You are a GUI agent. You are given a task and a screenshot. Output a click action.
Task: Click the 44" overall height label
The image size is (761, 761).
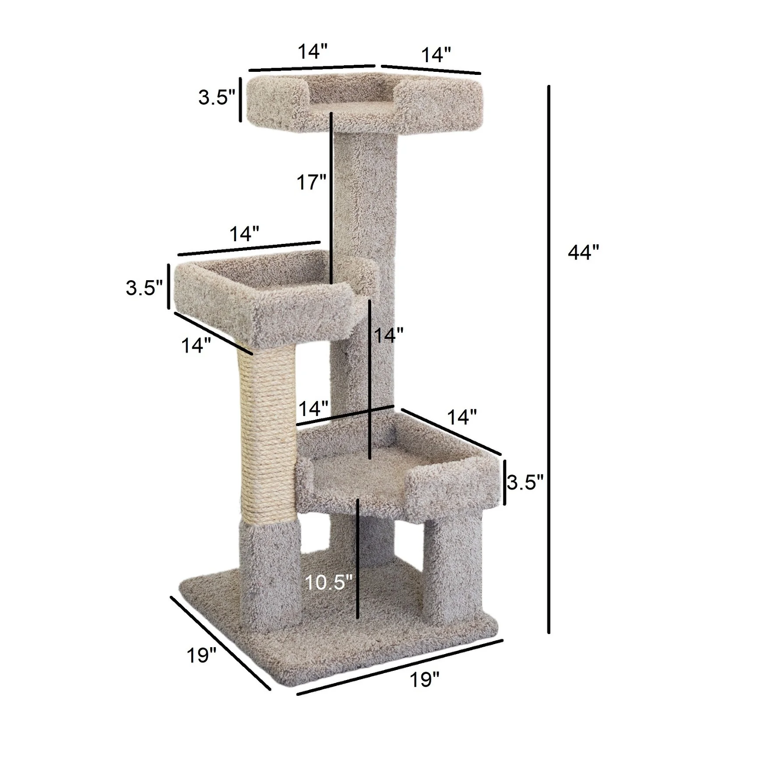(x=583, y=253)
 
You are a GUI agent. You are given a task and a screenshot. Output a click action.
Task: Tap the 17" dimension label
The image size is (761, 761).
(x=312, y=182)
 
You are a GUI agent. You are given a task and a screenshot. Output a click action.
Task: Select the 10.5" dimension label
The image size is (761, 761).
(x=328, y=582)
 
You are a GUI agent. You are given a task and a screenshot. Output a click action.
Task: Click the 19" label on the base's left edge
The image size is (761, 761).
(x=201, y=655)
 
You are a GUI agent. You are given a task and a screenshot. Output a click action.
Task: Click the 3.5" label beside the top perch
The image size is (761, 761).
(x=217, y=97)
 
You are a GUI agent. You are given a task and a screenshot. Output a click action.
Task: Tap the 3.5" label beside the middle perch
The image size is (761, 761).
(x=144, y=288)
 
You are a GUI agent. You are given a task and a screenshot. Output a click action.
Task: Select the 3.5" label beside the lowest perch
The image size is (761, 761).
(x=525, y=483)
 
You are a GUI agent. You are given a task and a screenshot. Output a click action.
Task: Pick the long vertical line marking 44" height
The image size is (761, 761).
(x=548, y=359)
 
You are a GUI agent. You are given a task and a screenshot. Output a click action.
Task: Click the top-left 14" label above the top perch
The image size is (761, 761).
(x=313, y=52)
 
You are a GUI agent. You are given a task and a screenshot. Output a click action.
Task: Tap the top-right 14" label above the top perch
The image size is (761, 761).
(x=436, y=55)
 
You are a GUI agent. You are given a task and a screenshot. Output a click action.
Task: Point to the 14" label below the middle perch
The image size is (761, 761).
(x=196, y=346)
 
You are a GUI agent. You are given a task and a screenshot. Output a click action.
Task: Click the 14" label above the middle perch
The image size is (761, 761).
(x=244, y=234)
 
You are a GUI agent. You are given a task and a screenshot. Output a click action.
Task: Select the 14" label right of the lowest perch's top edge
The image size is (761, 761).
(x=462, y=418)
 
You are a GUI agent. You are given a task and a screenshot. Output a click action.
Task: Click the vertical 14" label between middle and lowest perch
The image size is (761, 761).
(x=388, y=335)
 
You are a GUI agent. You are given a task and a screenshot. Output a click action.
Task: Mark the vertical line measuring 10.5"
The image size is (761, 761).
(x=358, y=558)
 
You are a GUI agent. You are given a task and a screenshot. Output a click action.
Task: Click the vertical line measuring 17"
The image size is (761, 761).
(x=331, y=197)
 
